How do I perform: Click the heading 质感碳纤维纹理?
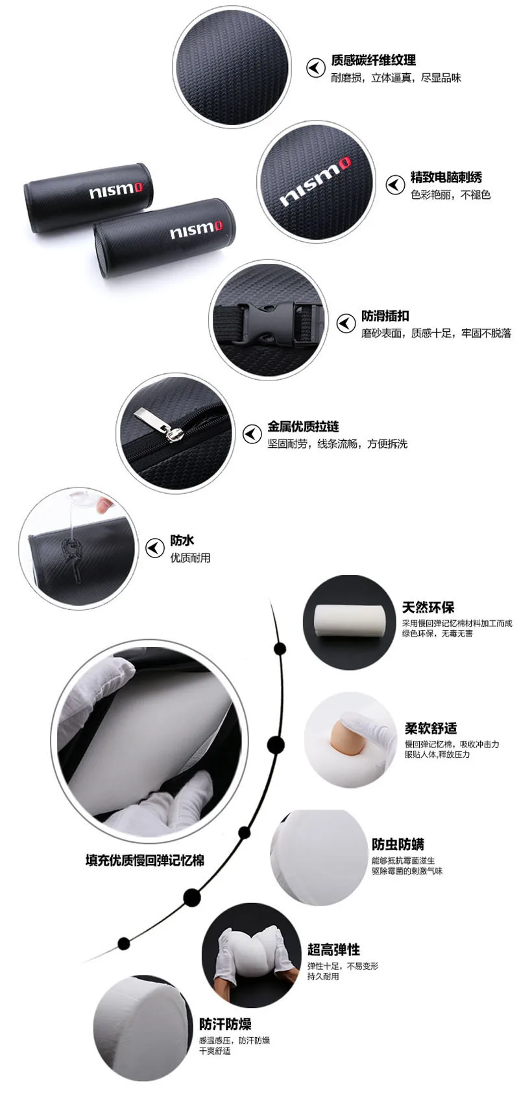point(374,60)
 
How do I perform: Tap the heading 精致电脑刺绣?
point(446,177)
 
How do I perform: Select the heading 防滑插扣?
point(385,316)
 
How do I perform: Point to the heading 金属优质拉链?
point(303,427)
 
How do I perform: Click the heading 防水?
point(182,540)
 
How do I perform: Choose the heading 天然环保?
point(428,607)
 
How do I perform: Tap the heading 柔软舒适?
point(431,729)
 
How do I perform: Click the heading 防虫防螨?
point(398,844)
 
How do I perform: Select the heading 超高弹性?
point(333,949)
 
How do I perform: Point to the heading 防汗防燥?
point(225,1024)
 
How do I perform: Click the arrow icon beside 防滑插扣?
point(346,323)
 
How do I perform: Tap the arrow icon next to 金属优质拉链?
point(252,434)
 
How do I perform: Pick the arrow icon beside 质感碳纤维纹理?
point(315,68)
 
